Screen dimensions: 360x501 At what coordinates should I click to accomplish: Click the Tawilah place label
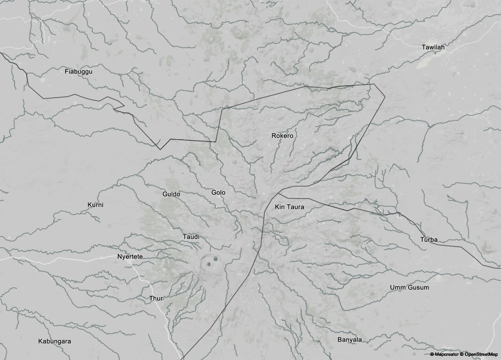(433, 47)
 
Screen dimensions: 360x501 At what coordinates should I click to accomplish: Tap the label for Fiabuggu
(78, 72)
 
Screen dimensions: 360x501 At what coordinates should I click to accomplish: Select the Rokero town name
(282, 136)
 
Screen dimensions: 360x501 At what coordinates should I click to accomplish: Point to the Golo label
(218, 193)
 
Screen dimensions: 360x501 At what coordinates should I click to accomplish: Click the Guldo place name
(171, 194)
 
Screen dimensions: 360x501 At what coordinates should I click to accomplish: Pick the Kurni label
(95, 205)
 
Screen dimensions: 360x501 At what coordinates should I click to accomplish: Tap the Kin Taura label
(289, 207)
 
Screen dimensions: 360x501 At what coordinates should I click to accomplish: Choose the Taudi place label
(191, 237)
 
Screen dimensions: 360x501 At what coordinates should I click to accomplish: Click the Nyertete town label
(130, 257)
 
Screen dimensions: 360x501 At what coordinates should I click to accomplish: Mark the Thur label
(156, 299)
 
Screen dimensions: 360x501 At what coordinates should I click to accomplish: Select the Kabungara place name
(54, 341)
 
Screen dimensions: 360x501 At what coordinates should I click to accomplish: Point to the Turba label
(429, 240)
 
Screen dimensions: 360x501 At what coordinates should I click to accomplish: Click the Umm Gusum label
(409, 287)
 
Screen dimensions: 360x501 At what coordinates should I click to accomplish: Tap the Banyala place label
(349, 339)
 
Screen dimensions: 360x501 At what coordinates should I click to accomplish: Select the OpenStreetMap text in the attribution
(480, 354)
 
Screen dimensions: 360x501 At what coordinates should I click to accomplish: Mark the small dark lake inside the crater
(215, 259)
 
